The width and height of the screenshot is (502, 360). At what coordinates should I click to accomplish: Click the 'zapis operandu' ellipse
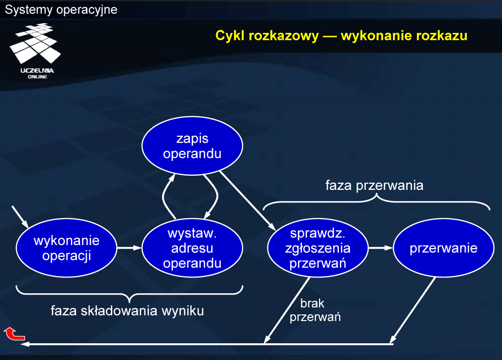[x=192, y=146]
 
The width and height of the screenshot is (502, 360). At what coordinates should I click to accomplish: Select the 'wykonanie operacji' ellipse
[x=66, y=248]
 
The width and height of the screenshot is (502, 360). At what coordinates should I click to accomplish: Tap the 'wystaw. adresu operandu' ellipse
[x=192, y=248]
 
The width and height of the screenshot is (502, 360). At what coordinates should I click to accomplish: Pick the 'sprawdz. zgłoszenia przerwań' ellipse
[x=318, y=248]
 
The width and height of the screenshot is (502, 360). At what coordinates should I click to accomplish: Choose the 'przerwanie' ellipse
[x=444, y=248]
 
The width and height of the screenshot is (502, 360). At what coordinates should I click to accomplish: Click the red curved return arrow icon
[x=14, y=334]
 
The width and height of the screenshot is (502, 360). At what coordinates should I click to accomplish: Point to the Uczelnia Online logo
[x=36, y=51]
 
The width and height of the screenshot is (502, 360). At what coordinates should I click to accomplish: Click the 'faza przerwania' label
[x=374, y=186]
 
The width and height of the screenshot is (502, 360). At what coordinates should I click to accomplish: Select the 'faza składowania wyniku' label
[x=127, y=311]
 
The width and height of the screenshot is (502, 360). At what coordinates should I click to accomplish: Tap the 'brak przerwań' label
[x=315, y=310]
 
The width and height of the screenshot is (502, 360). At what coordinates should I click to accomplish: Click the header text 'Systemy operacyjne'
[x=61, y=10]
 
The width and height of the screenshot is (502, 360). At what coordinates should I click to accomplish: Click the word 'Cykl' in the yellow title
[x=230, y=35]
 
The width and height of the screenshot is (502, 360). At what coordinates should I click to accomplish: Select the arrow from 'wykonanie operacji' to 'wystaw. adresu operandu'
[x=129, y=248]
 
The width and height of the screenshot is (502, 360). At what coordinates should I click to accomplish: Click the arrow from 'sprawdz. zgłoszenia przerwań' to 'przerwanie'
[x=381, y=248]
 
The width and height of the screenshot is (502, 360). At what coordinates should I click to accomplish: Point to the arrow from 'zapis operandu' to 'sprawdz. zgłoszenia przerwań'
[x=248, y=201]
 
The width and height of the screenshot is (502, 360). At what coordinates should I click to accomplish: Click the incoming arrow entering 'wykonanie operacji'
[x=20, y=217]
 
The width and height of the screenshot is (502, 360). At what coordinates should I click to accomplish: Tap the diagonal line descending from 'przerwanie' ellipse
[x=413, y=310]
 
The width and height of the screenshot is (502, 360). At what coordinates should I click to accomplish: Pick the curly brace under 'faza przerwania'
[x=376, y=202]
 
